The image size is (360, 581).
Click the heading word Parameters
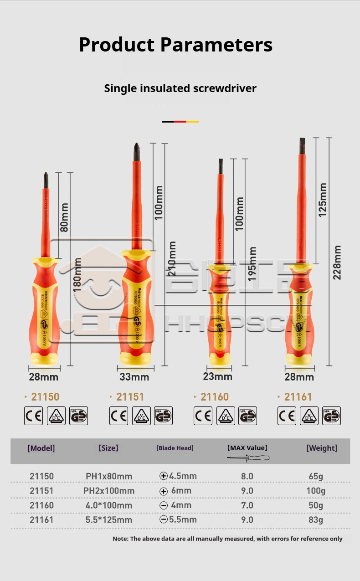pyautogui.click(x=216, y=45)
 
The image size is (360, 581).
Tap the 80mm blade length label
pyautogui.click(x=64, y=217)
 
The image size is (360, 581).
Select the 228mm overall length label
pyautogui.click(x=337, y=262)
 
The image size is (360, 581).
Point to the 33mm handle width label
pyautogui.click(x=134, y=377)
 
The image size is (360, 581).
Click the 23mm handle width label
pyautogui.click(x=217, y=376)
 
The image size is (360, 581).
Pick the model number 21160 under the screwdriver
pyautogui.click(x=215, y=397)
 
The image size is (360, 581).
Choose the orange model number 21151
pyautogui.click(x=130, y=397)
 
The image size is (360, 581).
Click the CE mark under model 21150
pyautogui.click(x=33, y=416)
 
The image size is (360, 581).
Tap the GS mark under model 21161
pyautogui.click(x=331, y=416)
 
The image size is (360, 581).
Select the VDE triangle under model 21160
pyautogui.click(x=226, y=416)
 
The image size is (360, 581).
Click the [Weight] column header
pyautogui.click(x=322, y=448)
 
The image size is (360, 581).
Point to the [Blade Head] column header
pyautogui.click(x=175, y=448)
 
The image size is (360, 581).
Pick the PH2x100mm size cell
pyautogui.click(x=109, y=491)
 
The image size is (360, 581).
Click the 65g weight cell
pyautogui.click(x=316, y=476)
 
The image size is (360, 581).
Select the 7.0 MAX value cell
pyautogui.click(x=247, y=505)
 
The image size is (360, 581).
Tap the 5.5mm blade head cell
pyautogui.click(x=178, y=519)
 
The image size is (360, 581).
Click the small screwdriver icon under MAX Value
pyautogui.click(x=248, y=457)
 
